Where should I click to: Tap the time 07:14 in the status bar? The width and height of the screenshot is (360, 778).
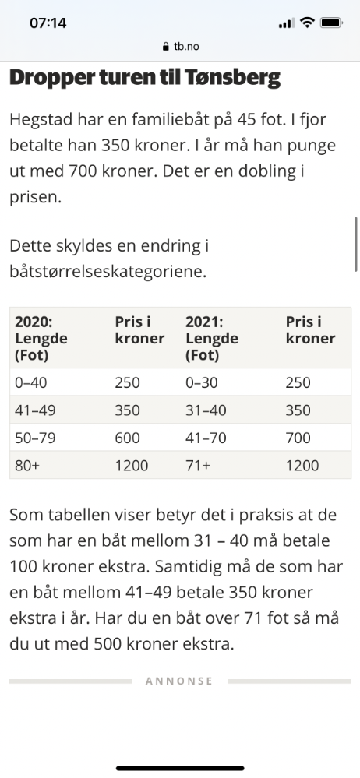pyautogui.click(x=48, y=23)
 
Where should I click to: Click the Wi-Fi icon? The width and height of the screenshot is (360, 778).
pyautogui.click(x=307, y=23)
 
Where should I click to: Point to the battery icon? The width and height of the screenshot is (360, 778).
pyautogui.click(x=331, y=23)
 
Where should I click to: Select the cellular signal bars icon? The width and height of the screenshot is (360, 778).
pyautogui.click(x=287, y=23)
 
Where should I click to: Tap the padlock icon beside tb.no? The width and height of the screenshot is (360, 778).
pyautogui.click(x=166, y=47)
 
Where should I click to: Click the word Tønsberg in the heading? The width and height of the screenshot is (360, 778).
pyautogui.click(x=232, y=78)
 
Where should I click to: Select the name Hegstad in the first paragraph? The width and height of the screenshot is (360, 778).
pyautogui.click(x=41, y=121)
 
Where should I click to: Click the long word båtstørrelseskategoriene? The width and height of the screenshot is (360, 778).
pyautogui.click(x=108, y=272)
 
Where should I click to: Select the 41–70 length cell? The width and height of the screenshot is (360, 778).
pyautogui.click(x=206, y=438)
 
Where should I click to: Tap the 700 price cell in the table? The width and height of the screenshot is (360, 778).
pyautogui.click(x=298, y=438)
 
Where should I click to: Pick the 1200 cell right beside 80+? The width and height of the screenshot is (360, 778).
pyautogui.click(x=132, y=466)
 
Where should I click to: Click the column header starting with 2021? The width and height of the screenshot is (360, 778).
pyautogui.click(x=212, y=339)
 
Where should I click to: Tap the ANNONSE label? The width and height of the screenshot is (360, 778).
pyautogui.click(x=179, y=681)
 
